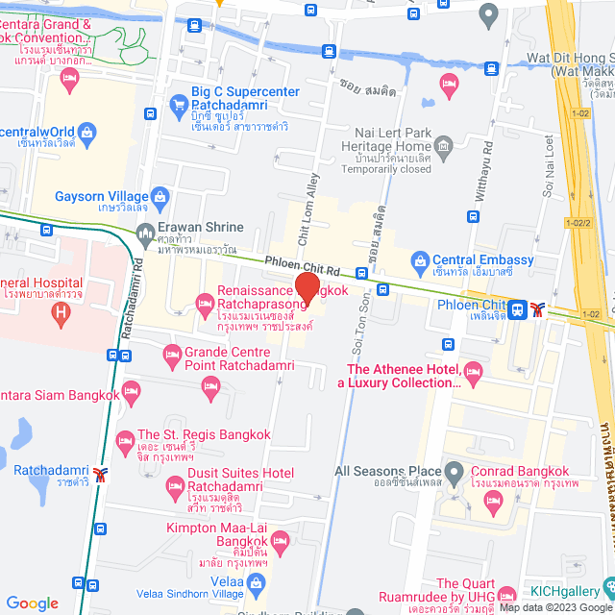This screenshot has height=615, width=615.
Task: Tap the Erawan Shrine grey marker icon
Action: pos(145,232)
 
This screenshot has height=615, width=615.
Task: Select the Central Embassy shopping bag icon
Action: pos(419,260)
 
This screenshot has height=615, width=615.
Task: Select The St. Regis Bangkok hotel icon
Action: pos(124,442)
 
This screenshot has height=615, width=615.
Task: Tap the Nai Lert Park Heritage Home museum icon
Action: pos(443,145)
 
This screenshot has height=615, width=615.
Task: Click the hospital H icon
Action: pos(61,311)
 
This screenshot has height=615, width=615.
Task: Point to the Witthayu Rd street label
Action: pos(485,168)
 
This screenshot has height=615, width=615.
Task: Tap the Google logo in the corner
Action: pos(32,603)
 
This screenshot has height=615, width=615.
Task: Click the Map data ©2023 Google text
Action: pos(553,607)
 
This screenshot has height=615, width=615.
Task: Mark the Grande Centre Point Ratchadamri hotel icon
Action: pos(172,357)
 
